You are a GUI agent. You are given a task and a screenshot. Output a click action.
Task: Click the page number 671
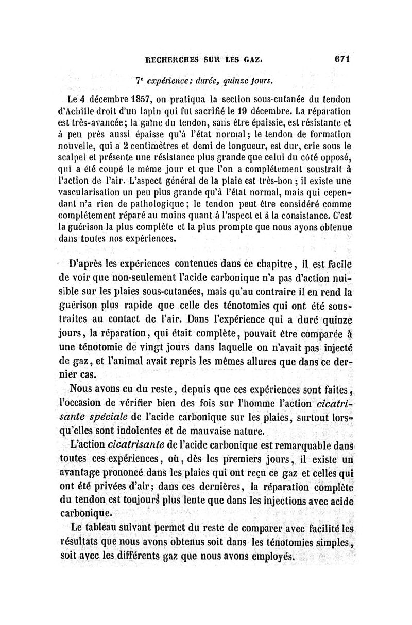(341, 59)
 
